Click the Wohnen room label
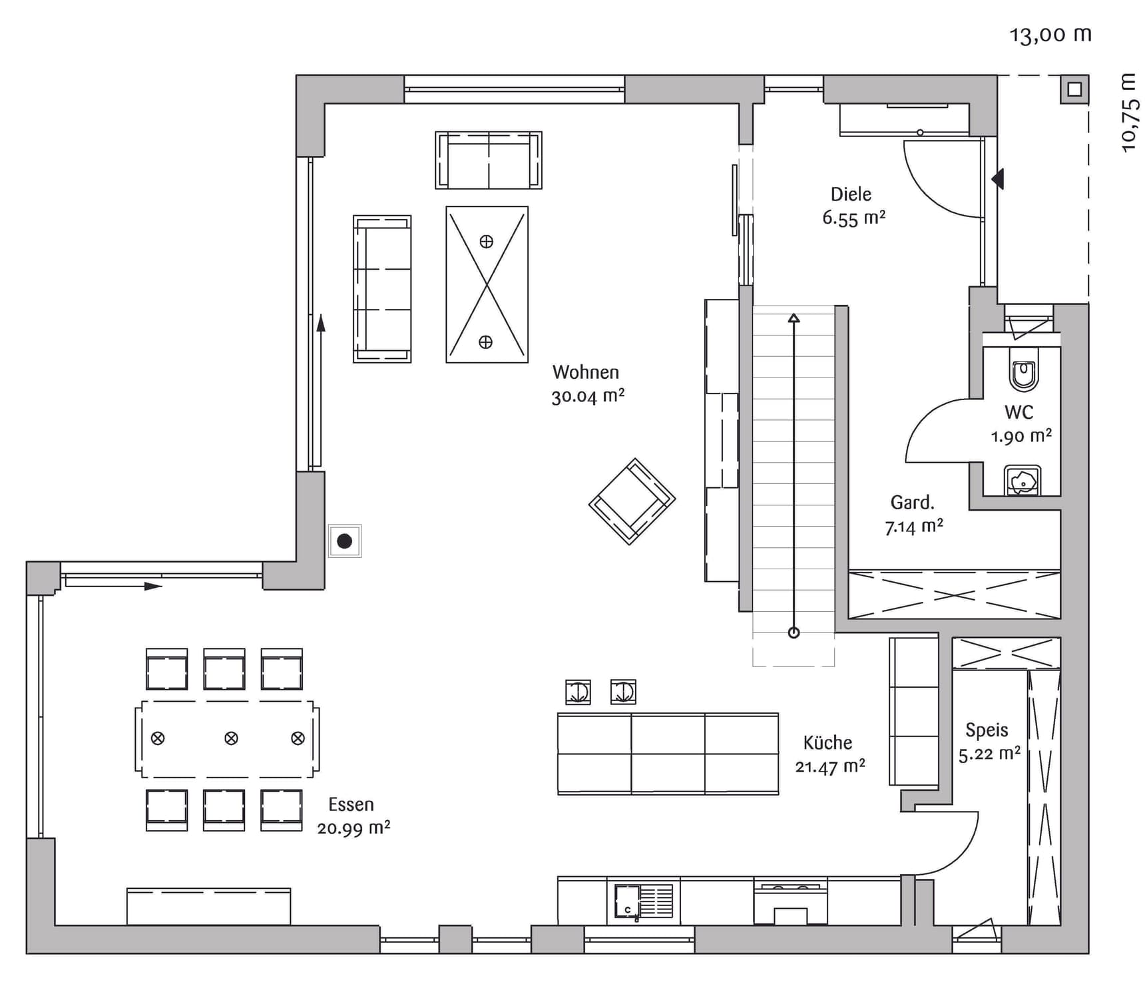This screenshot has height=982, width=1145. point(586,372)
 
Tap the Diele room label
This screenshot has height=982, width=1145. point(851,194)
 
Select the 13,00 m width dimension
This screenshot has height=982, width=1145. point(1050,35)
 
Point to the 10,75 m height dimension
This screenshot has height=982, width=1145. point(1130,113)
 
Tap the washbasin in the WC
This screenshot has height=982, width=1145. point(1023,480)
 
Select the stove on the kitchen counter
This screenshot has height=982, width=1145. point(791,903)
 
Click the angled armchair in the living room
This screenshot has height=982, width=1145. point(632,501)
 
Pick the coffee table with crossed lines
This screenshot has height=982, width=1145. point(487,284)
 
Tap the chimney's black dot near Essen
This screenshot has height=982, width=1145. point(344,541)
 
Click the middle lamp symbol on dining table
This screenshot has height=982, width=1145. point(231,738)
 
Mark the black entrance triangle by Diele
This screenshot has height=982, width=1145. point(997,178)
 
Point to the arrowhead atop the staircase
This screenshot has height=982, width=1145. point(794,318)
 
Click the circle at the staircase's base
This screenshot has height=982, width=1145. point(794,632)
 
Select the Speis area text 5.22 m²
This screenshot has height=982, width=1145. point(989,754)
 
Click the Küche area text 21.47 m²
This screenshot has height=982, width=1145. point(830,767)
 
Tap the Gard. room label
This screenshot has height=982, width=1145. point(913,503)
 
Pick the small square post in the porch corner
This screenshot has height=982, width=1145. point(1074,89)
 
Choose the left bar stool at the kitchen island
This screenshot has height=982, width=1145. point(578,692)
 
